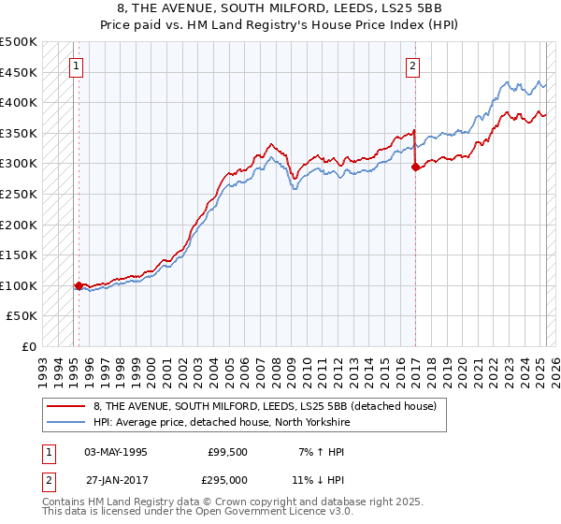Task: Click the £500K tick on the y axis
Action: (x=19, y=42)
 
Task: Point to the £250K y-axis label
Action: (x=19, y=194)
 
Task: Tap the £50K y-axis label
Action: (x=22, y=316)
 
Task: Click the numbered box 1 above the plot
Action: (x=75, y=65)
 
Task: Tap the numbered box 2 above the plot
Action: (x=412, y=65)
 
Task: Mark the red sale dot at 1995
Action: (x=79, y=286)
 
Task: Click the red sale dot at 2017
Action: (x=415, y=167)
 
